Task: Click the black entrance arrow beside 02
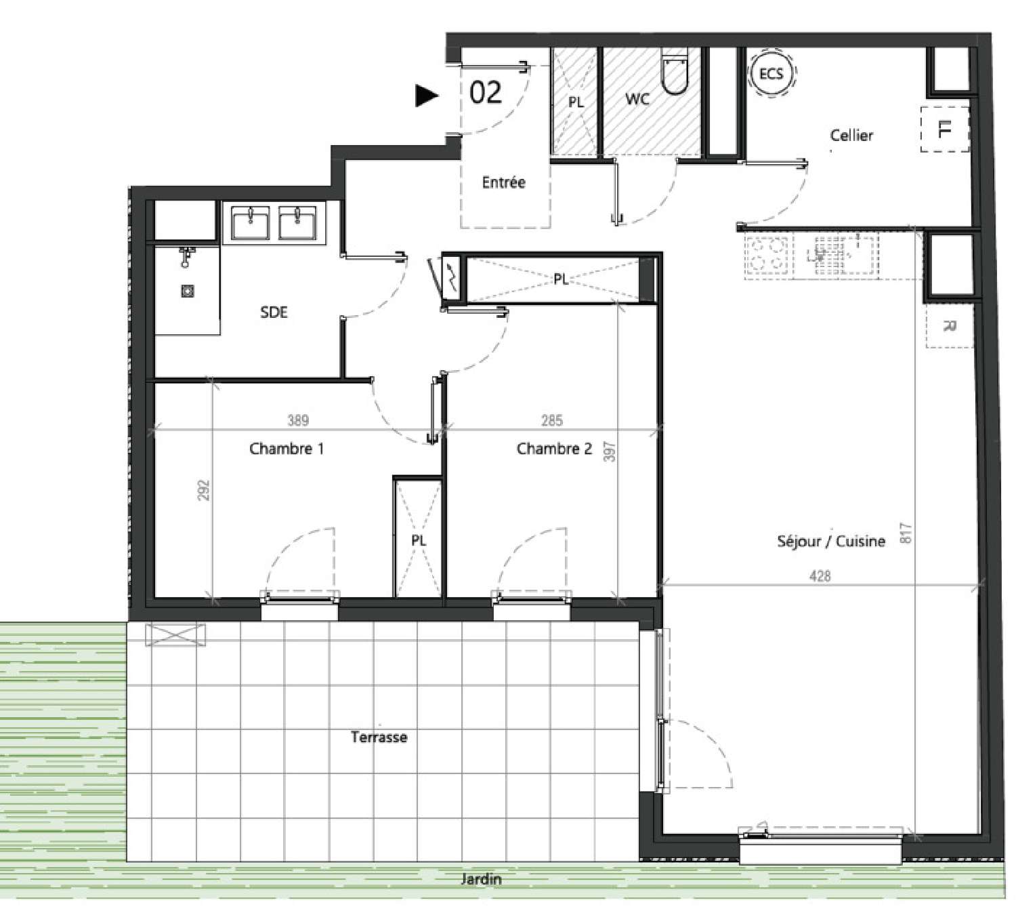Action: tap(426, 96)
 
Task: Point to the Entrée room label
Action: tap(503, 182)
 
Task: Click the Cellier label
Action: tap(851, 135)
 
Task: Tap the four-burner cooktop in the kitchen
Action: tap(766, 257)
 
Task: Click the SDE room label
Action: tap(274, 312)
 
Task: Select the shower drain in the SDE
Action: tap(188, 291)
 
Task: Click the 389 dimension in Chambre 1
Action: tap(298, 420)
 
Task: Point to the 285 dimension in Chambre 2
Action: tap(551, 420)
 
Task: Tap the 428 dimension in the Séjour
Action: tap(820, 575)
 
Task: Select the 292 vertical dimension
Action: tap(203, 490)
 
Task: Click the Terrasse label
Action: tap(379, 737)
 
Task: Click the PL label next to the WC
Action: tap(576, 102)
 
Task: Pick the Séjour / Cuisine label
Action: tap(831, 541)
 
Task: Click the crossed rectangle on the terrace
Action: tap(175, 635)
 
